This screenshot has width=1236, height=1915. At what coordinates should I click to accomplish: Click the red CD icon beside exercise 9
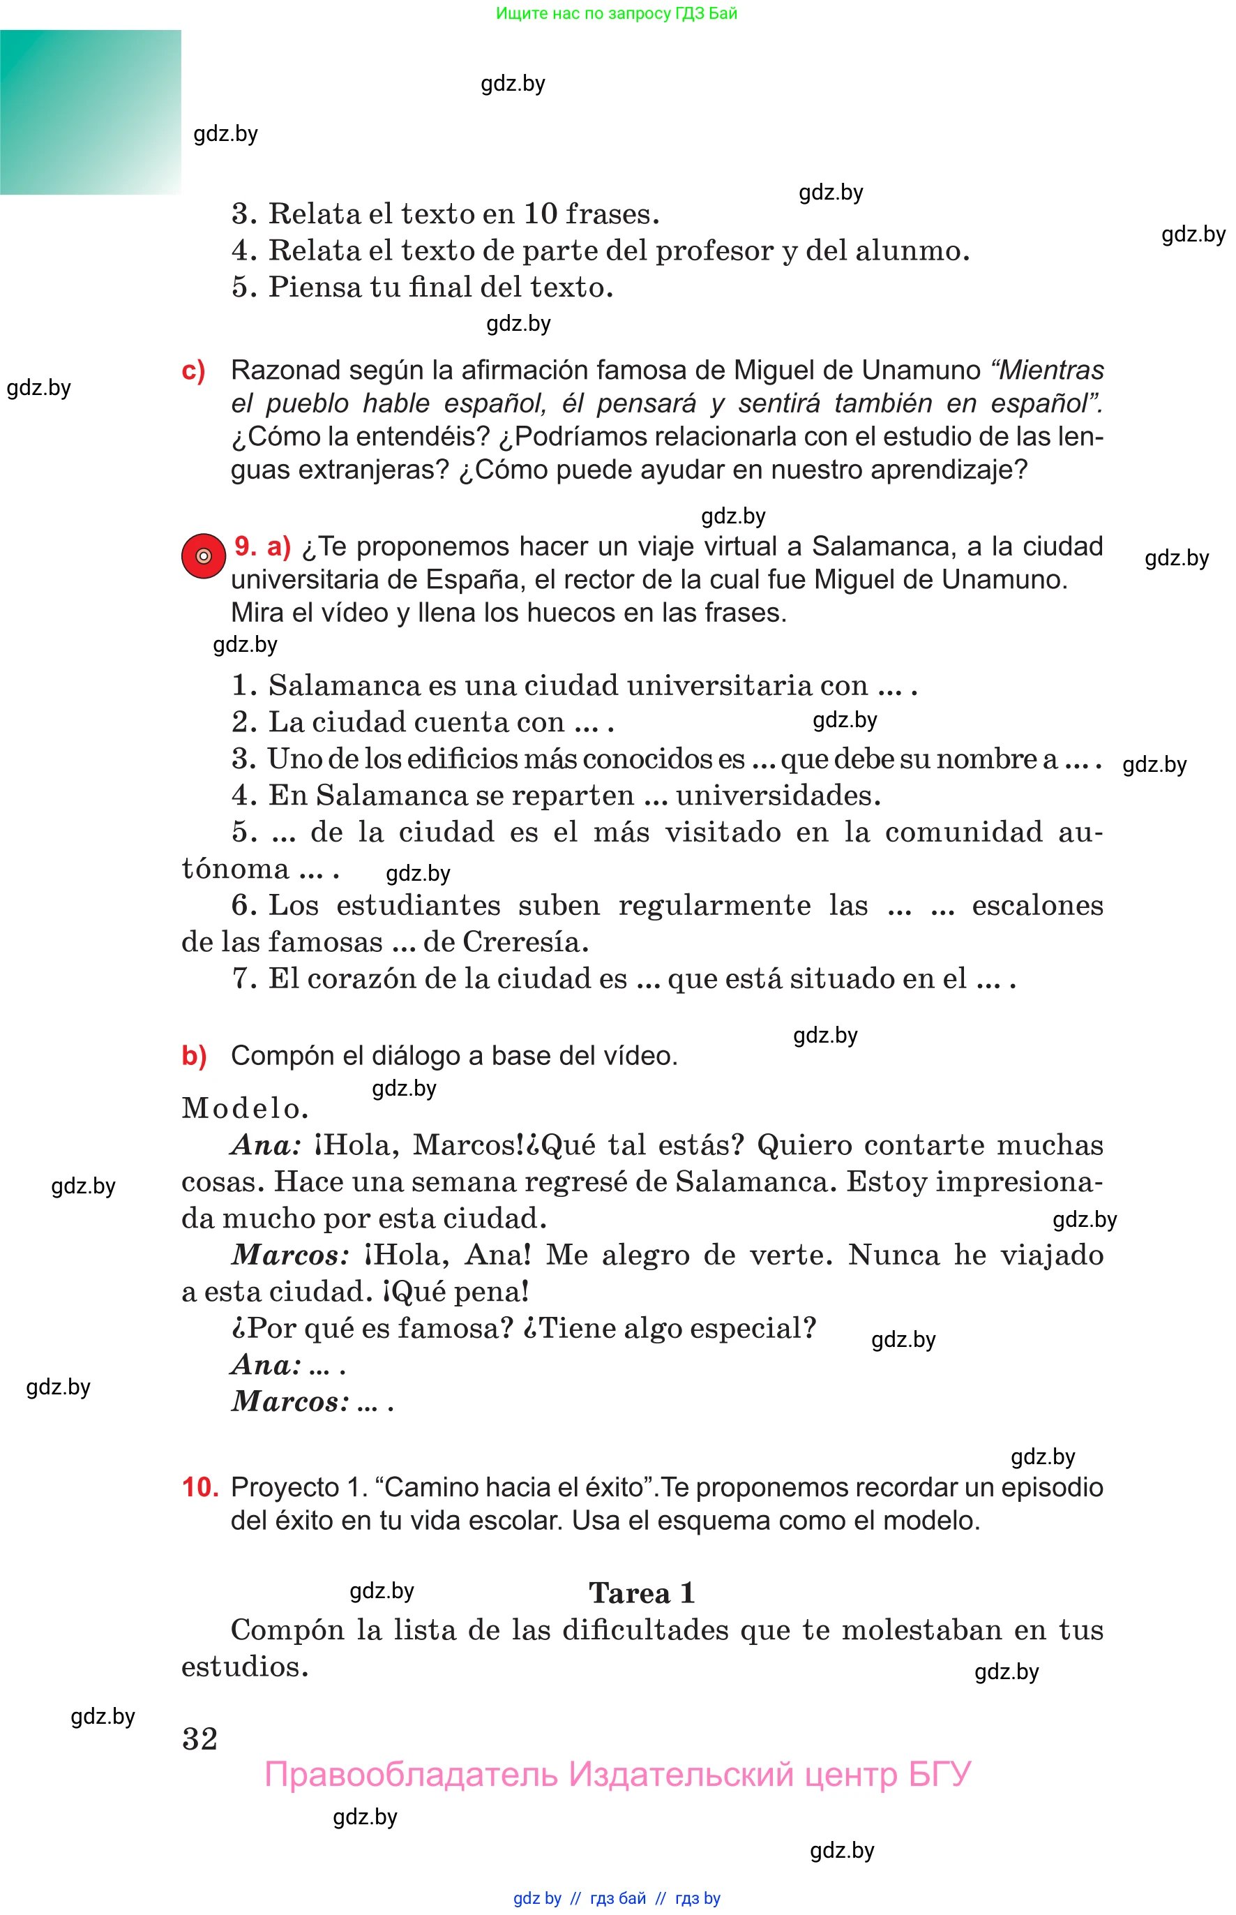coord(203,556)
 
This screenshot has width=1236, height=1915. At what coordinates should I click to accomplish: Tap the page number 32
coord(200,1738)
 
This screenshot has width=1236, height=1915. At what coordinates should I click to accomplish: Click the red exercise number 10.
coord(200,1487)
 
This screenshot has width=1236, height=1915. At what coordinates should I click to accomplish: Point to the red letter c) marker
coord(193,371)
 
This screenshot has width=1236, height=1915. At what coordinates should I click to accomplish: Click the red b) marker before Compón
coord(194,1055)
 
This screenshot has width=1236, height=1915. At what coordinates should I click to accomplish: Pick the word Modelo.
coord(245,1108)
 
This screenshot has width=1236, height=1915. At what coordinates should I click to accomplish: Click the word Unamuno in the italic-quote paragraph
coord(921,370)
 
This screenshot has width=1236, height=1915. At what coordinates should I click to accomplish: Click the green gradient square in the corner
coord(90,112)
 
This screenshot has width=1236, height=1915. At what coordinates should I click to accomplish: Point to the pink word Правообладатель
coord(410,1775)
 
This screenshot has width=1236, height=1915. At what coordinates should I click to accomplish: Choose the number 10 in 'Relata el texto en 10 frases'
coord(540,214)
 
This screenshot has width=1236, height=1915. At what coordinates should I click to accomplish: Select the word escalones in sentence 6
coord(1037,905)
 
